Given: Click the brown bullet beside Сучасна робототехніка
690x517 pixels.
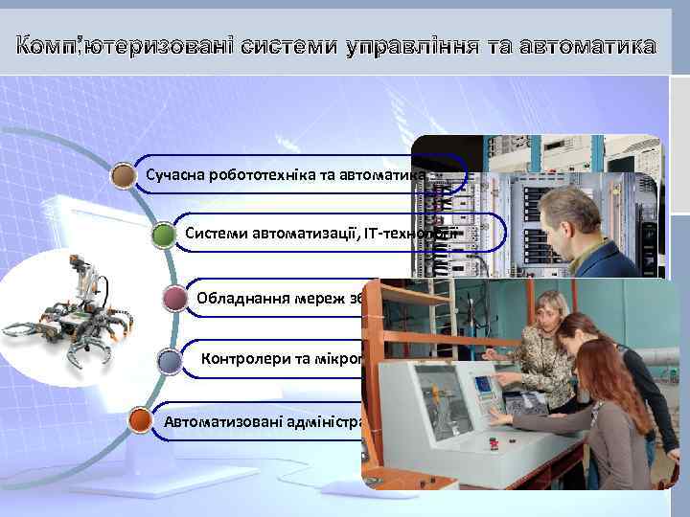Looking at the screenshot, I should (x=123, y=175).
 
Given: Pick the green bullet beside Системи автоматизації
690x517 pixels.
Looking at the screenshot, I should (x=164, y=235).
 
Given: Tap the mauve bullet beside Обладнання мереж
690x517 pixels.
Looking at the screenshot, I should (x=176, y=298).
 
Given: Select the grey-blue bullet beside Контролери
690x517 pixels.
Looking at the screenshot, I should (x=169, y=361).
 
